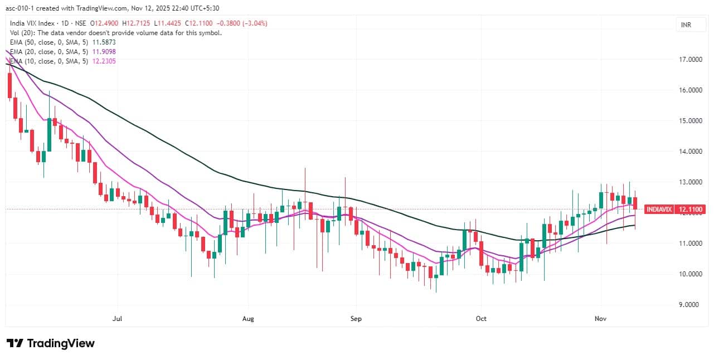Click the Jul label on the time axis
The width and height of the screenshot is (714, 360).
[117, 319]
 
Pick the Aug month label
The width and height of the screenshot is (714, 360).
[248, 319]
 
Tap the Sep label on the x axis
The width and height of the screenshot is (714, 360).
[356, 319]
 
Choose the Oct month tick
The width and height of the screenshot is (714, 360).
[481, 319]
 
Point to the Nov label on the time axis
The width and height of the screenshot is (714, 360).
[600, 319]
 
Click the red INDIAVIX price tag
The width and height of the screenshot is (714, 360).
[659, 210]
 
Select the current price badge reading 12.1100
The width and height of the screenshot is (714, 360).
[689, 210]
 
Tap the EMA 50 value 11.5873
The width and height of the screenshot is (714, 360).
[104, 42]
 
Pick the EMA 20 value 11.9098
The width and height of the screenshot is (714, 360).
[104, 51]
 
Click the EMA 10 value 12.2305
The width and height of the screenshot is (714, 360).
[104, 61]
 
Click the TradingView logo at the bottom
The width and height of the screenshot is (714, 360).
[50, 343]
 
